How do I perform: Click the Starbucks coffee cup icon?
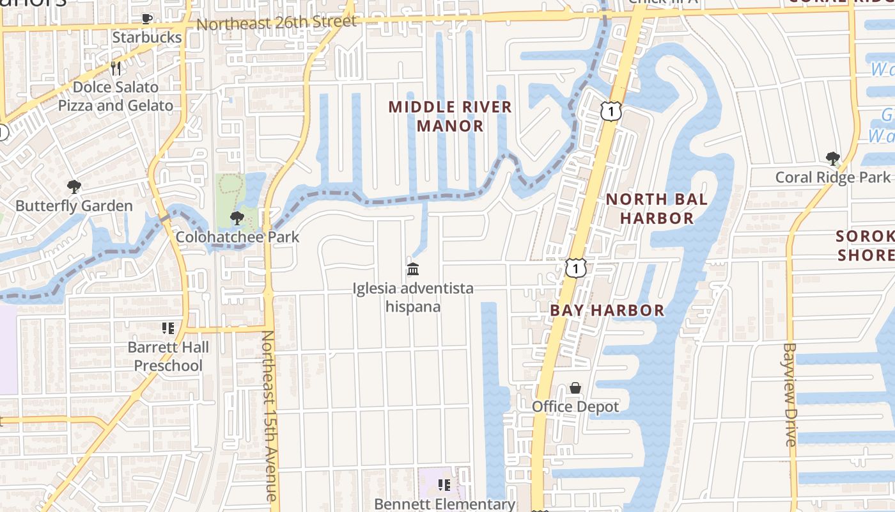click(x=147, y=19)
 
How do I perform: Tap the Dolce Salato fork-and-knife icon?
click(x=116, y=68)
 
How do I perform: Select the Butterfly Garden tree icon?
click(x=74, y=187)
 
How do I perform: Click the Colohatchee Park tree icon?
click(x=237, y=218)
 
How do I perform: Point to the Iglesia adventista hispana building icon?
click(x=413, y=269)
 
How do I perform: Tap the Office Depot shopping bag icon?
click(x=575, y=388)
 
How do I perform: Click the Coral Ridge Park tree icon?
click(x=832, y=158)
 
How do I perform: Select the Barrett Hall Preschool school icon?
click(x=168, y=329)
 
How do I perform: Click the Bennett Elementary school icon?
click(x=444, y=486)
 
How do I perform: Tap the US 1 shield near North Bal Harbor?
click(x=611, y=111)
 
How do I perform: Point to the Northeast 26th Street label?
click(x=276, y=22)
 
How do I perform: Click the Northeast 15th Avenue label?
click(x=269, y=416)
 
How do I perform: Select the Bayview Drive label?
click(x=790, y=394)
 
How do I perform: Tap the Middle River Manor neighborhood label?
click(x=451, y=116)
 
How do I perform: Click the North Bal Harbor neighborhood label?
click(x=657, y=209)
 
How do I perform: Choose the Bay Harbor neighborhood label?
click(x=607, y=311)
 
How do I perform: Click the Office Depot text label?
click(x=575, y=407)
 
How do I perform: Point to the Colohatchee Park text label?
click(x=237, y=237)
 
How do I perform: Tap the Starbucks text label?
click(x=147, y=37)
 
